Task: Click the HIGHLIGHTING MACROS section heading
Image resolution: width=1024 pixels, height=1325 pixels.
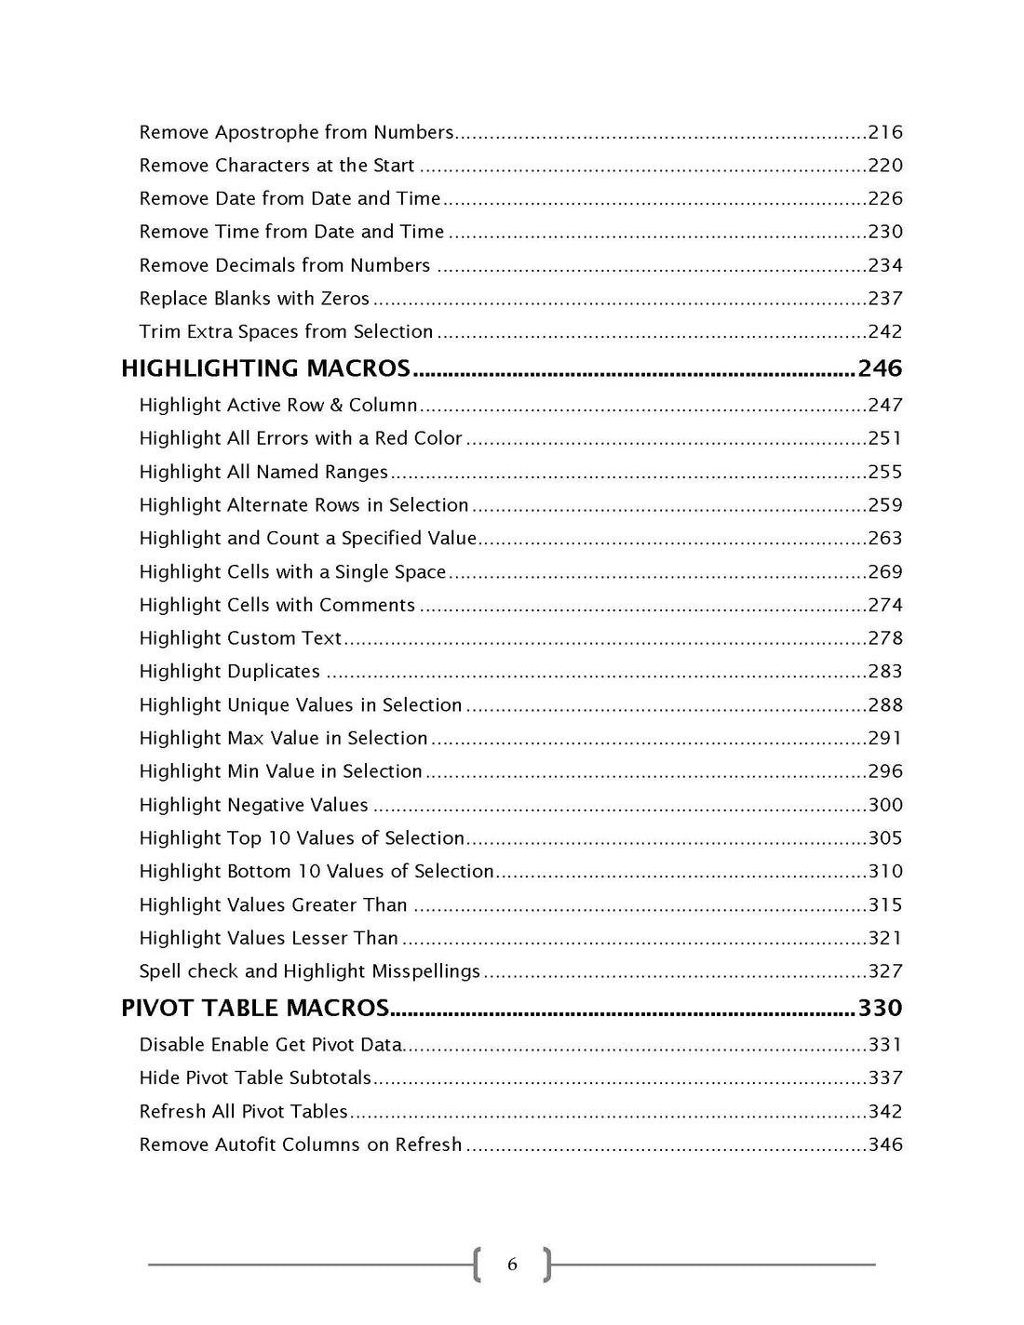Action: coord(265,368)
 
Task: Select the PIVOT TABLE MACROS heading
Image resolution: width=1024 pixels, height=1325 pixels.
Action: coord(255,1008)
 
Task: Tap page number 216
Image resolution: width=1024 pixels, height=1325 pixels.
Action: coord(884,132)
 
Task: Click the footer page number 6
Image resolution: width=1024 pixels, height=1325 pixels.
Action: coord(512,1265)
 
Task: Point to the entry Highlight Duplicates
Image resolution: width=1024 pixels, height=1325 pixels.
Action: coord(229,671)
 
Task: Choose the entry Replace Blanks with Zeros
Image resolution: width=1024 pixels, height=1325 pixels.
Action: coord(254,299)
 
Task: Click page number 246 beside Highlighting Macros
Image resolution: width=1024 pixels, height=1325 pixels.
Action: coord(880,368)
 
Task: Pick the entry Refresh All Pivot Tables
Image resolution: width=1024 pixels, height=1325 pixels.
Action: coord(243,1111)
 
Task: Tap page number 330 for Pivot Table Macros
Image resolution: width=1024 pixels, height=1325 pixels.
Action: coord(880,1008)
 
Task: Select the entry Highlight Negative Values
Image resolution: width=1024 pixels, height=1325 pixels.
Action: coord(253,805)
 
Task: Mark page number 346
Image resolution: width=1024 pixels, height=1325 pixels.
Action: coord(884,1144)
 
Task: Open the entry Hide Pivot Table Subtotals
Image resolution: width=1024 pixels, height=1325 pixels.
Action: coord(255,1077)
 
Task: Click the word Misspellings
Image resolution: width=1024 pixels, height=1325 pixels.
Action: coord(425,971)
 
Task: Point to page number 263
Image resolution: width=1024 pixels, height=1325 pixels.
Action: coord(884,538)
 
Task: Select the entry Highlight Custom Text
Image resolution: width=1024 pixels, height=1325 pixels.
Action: coord(240,638)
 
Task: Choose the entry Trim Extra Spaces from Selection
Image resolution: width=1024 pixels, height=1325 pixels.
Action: coord(286,332)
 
